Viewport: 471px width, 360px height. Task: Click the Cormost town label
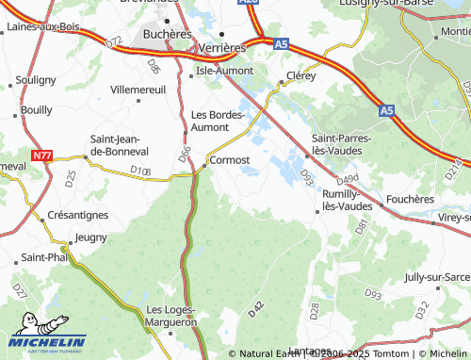(x=231, y=160)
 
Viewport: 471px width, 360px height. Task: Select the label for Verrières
(x=221, y=46)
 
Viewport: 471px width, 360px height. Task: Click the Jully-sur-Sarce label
(x=436, y=277)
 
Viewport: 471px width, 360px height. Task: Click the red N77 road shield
(x=41, y=155)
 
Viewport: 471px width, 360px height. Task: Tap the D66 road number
(x=186, y=151)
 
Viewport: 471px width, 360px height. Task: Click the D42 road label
(x=254, y=308)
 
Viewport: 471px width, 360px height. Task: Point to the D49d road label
(x=348, y=179)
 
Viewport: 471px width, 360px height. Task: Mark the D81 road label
(x=361, y=226)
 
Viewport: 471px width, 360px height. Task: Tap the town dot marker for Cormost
(x=206, y=167)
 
